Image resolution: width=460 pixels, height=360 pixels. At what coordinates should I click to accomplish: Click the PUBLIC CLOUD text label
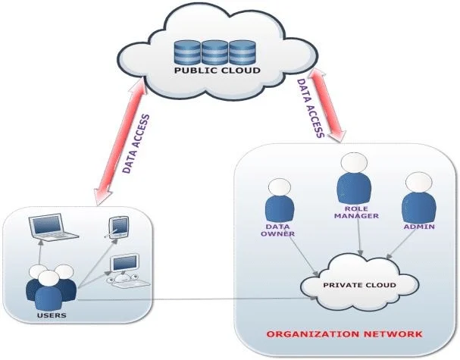pos(217,71)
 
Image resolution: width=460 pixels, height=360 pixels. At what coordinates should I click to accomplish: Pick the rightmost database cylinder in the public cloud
pos(241,51)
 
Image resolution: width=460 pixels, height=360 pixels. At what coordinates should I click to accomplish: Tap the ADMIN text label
pos(419,226)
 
